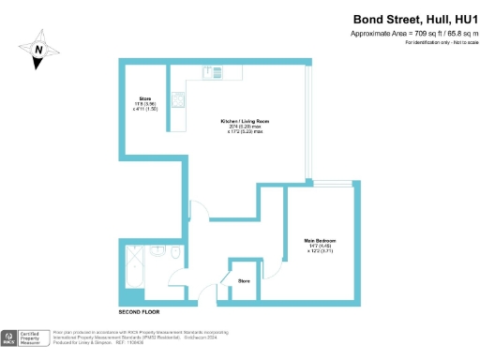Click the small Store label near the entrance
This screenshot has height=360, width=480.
tap(244, 279)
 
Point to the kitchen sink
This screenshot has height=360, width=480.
tap(215, 72)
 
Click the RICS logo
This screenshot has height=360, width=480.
tap(11, 337)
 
